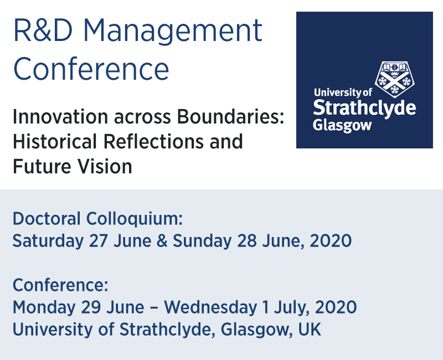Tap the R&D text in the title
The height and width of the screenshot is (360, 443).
coord(43,30)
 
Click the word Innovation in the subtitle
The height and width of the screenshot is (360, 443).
coord(60,116)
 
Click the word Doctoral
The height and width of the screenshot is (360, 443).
coord(47,219)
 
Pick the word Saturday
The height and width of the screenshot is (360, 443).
coord(48,241)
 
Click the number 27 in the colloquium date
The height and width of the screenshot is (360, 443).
coord(99,241)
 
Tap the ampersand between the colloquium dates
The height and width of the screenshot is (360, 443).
coord(162,241)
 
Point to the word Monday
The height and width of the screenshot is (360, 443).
coord(44,308)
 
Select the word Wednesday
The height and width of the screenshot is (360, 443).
coord(210,308)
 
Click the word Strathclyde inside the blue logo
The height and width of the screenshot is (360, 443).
coord(364,107)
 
